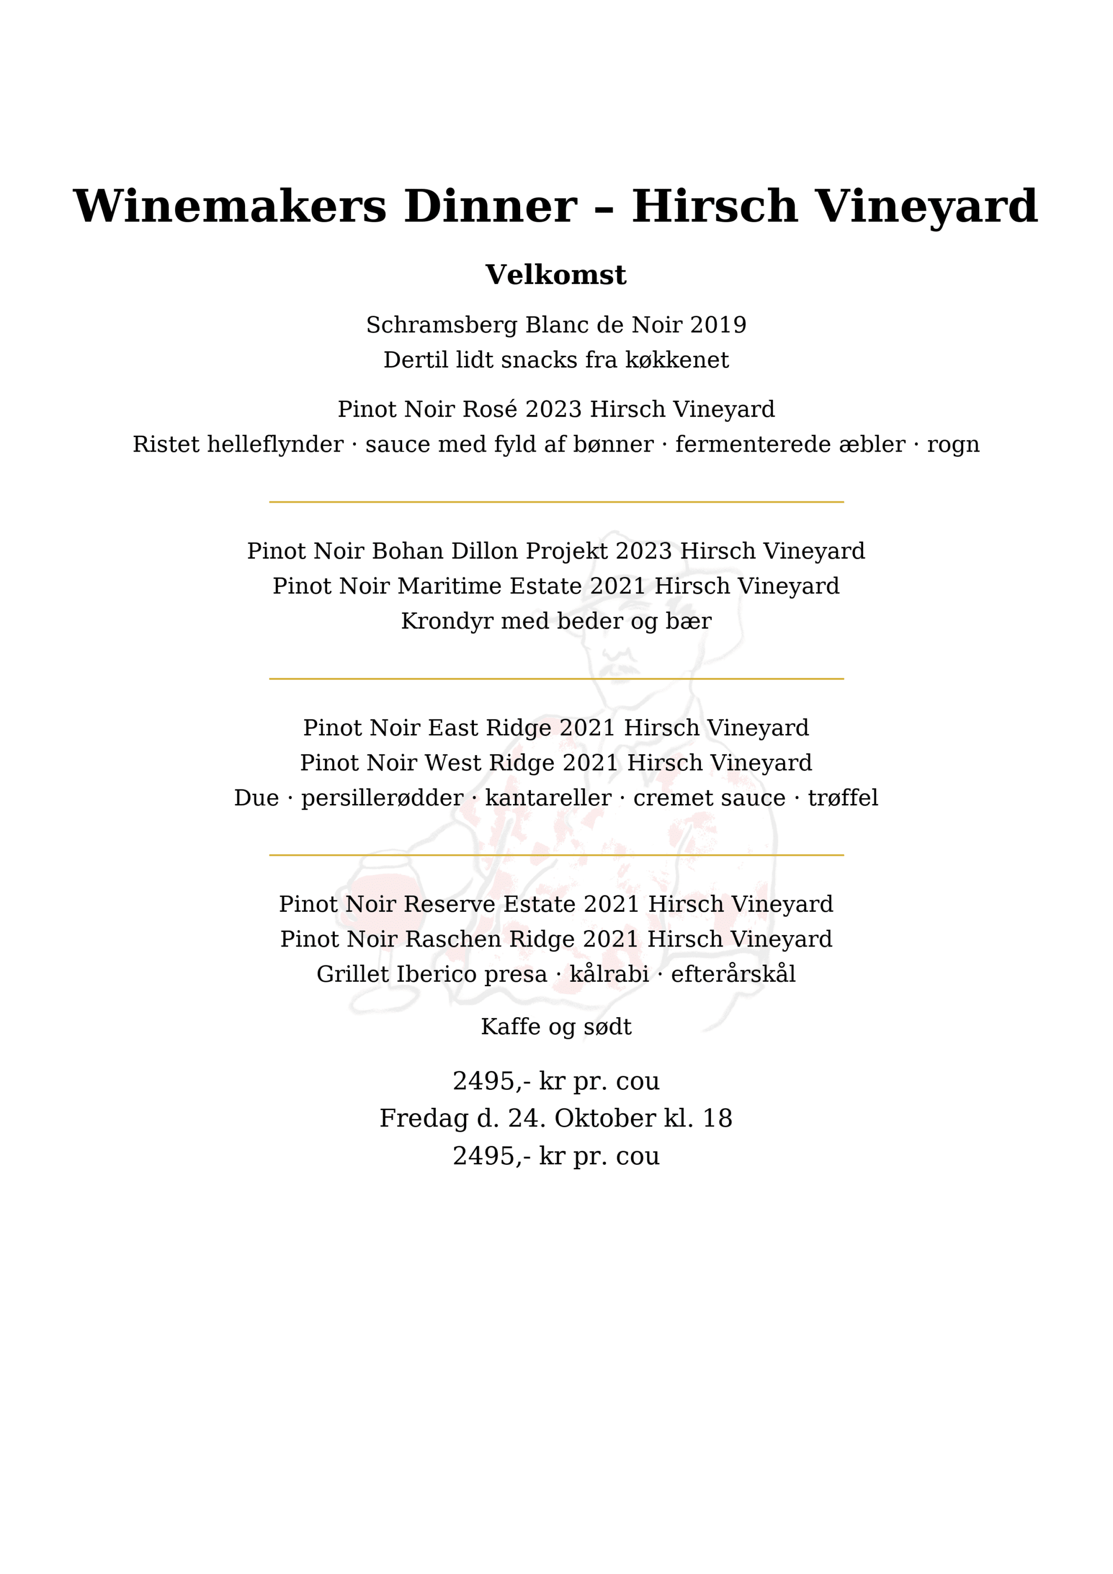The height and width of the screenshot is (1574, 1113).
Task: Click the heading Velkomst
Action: (555, 275)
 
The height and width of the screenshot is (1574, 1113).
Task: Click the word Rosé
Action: (490, 409)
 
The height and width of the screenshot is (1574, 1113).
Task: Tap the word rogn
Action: (953, 444)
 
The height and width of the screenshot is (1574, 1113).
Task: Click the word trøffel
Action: (842, 798)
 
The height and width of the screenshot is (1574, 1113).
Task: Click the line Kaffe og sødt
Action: (555, 1027)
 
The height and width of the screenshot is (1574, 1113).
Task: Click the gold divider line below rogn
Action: (555, 503)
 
